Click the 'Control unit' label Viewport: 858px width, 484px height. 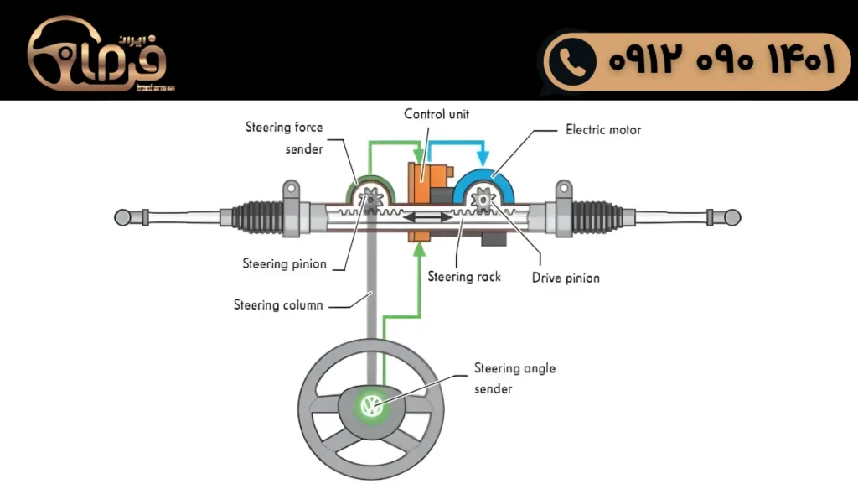point(437,114)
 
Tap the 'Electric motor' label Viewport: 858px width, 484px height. point(603,130)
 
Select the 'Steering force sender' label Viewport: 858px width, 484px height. point(284,138)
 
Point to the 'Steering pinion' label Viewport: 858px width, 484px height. point(284,264)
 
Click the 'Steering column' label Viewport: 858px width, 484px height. point(278,305)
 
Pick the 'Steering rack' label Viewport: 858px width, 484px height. point(464,276)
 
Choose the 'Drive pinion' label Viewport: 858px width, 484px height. point(566,278)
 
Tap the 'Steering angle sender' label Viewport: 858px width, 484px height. point(514,378)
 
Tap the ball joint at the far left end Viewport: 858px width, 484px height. point(123,217)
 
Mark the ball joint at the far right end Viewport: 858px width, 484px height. point(731,217)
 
